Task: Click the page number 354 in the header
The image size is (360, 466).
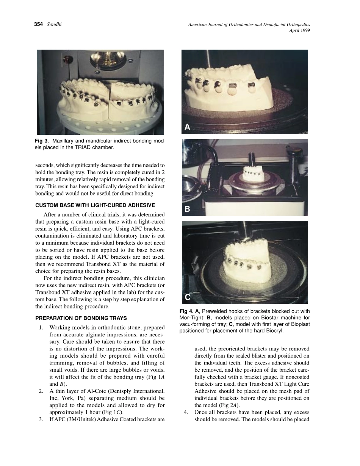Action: tap(39, 25)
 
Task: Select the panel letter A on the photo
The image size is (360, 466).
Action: tap(187, 127)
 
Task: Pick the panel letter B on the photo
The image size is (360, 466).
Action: tap(187, 209)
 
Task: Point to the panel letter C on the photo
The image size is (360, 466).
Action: tap(188, 297)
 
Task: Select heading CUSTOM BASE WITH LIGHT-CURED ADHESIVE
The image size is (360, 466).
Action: tap(95, 205)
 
